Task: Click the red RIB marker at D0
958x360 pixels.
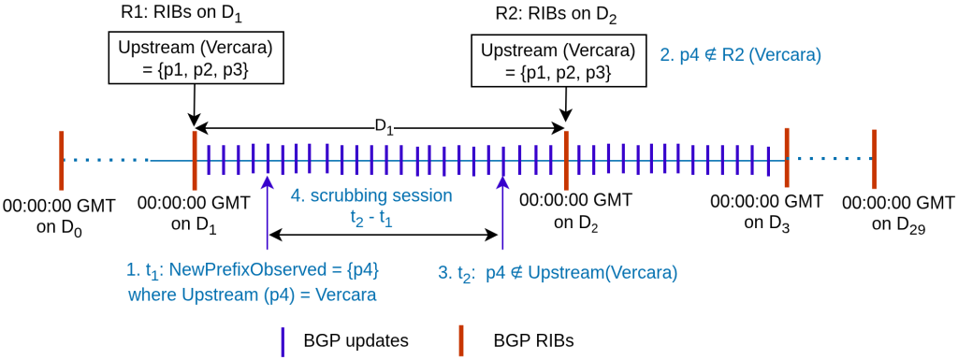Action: coord(61,159)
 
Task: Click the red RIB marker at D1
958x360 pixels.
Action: coord(194,159)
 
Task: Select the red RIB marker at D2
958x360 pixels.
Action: coord(567,159)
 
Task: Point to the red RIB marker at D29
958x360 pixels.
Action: coord(873,158)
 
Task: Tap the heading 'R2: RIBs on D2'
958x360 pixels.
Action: coord(556,16)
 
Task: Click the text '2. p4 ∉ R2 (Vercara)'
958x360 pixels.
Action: coord(741,55)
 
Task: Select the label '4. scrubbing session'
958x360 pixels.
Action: coord(371,196)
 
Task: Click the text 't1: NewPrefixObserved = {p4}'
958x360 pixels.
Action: coord(253,271)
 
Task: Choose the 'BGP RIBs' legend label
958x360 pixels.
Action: coord(532,340)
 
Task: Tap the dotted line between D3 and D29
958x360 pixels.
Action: coord(829,159)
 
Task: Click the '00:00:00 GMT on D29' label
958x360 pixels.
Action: coord(897,213)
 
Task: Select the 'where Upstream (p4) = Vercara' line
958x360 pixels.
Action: coord(253,295)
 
